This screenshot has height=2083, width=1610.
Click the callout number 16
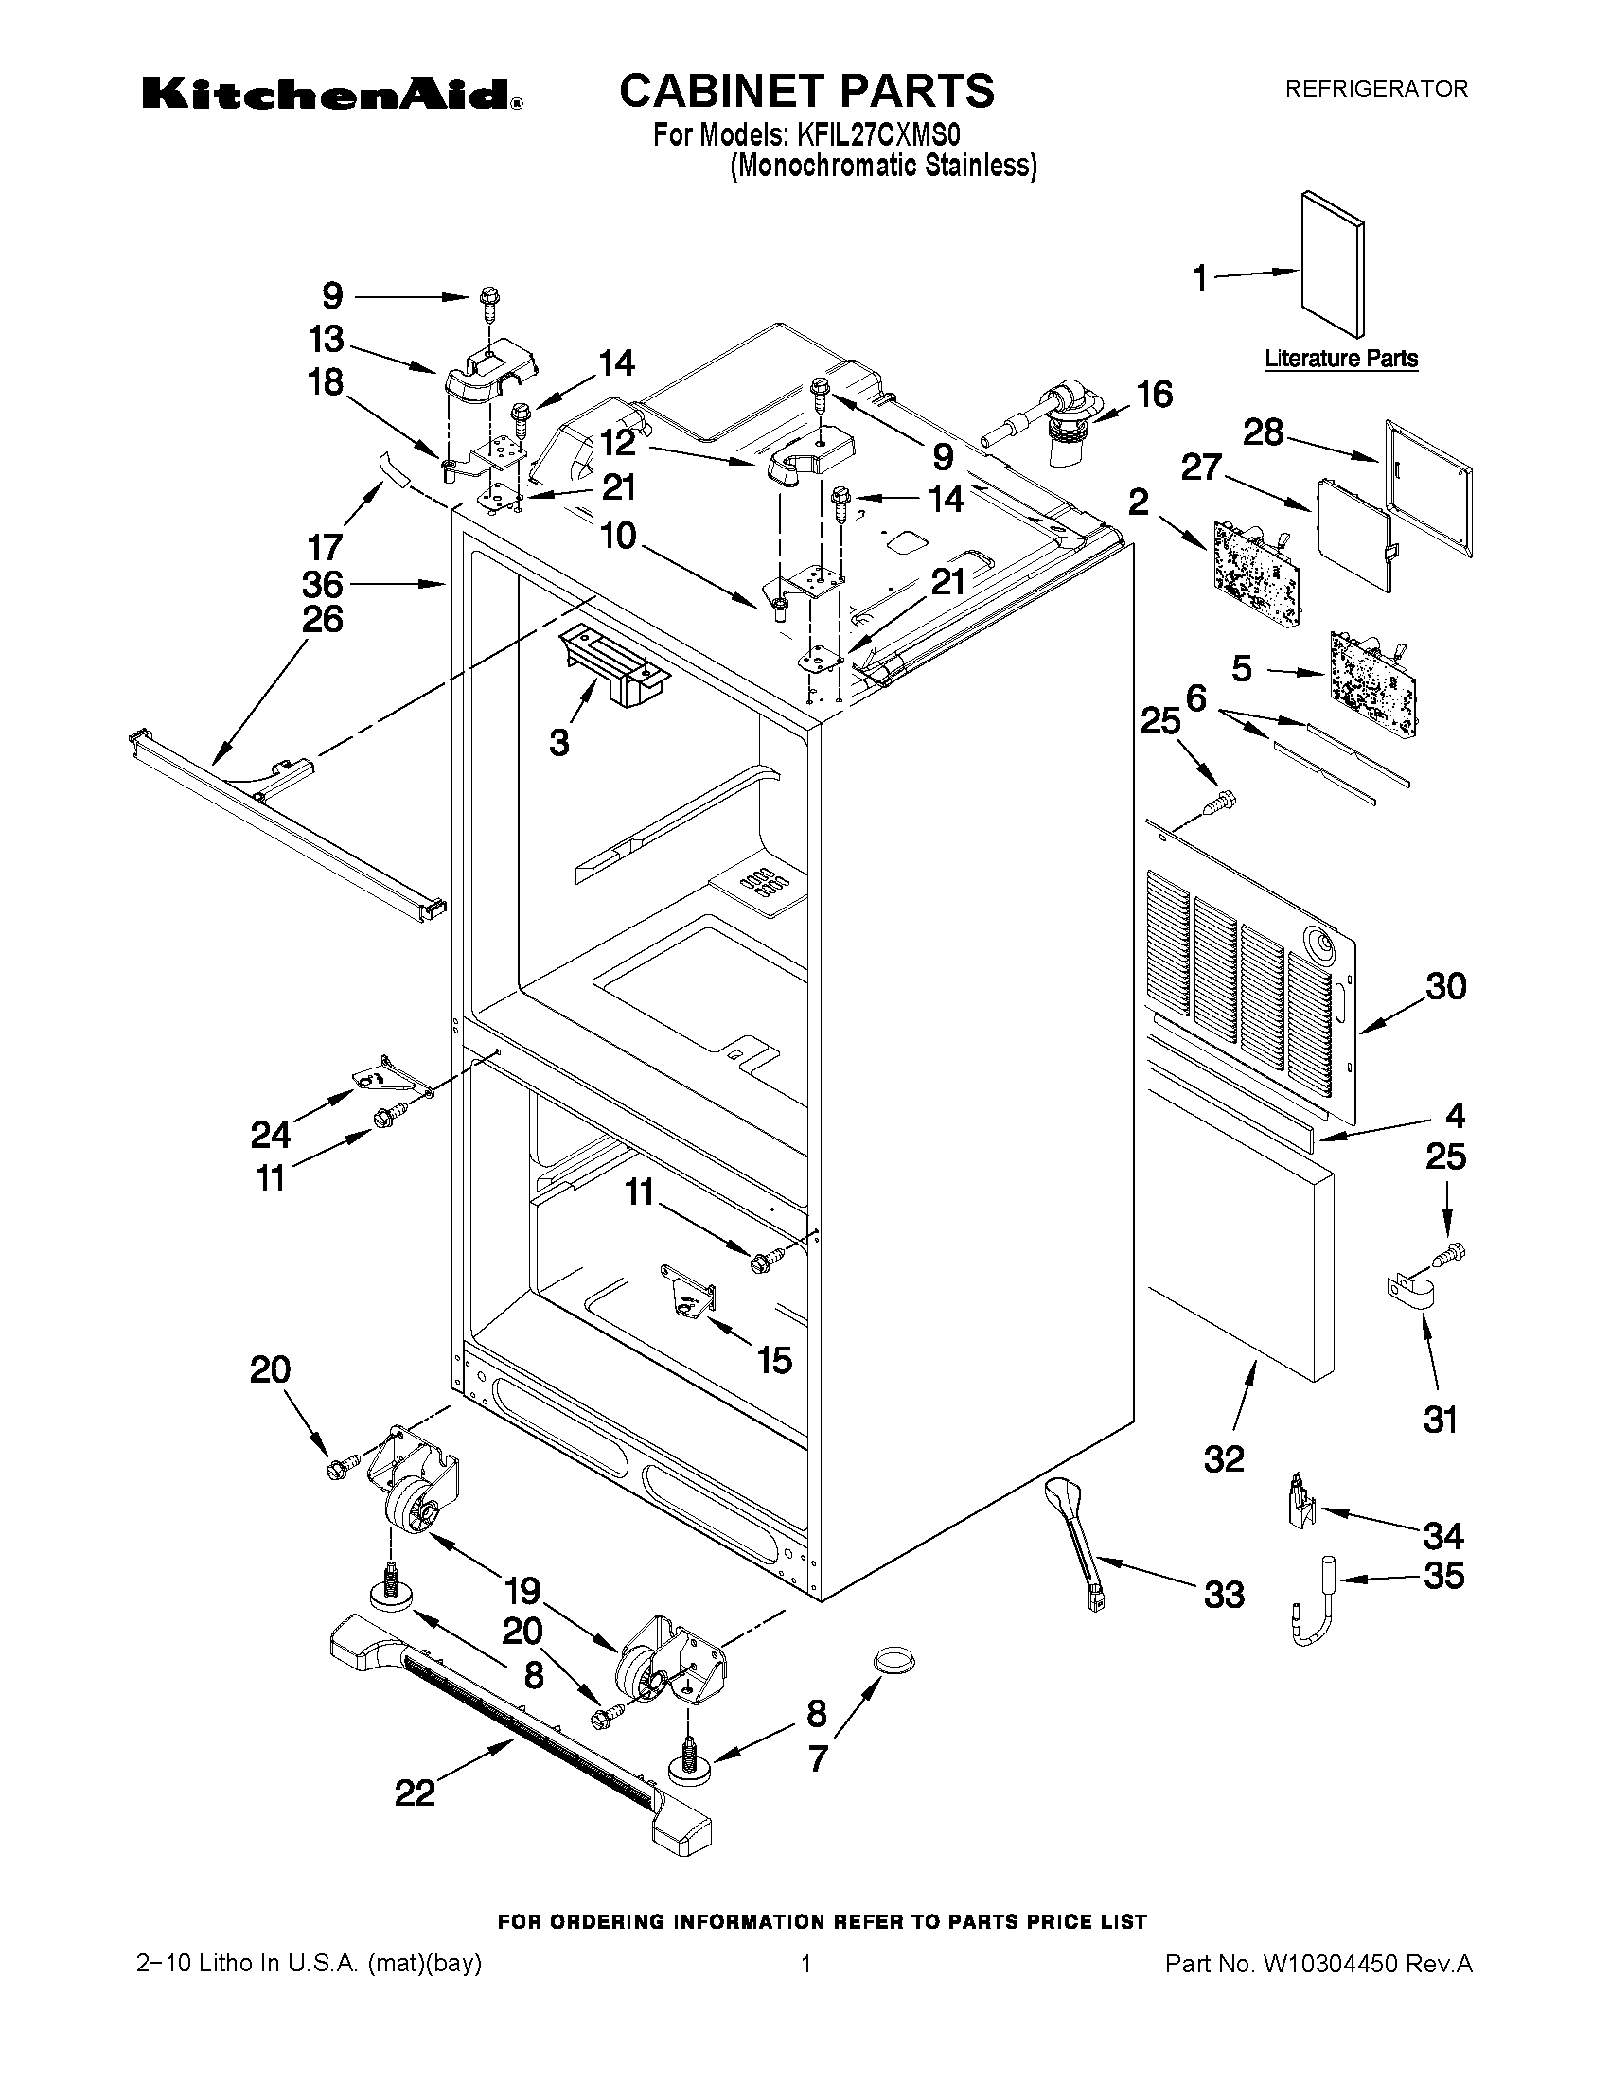click(1155, 394)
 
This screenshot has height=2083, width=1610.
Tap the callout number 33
click(1224, 1594)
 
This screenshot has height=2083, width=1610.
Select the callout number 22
click(415, 1792)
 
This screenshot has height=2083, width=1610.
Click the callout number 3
click(559, 743)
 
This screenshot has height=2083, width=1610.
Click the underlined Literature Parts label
click(1340, 359)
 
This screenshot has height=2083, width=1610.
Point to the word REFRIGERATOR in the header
click(1376, 90)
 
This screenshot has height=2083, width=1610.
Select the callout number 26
click(323, 619)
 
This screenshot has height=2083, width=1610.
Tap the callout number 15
click(774, 1360)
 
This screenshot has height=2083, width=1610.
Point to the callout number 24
click(271, 1135)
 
